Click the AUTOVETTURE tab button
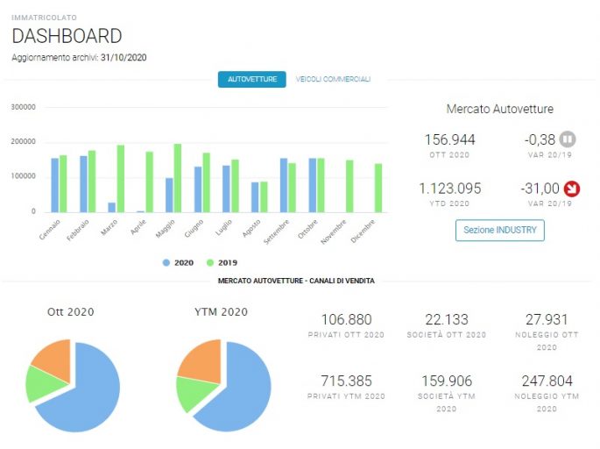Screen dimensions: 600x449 click(x=251, y=79)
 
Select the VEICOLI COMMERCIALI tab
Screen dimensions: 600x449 click(x=333, y=79)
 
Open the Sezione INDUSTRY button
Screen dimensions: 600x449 click(x=500, y=231)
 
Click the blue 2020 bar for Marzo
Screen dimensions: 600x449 click(x=112, y=207)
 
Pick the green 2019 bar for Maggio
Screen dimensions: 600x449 click(x=178, y=178)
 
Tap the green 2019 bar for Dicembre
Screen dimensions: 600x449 click(x=378, y=188)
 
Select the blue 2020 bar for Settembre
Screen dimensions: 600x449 click(x=284, y=185)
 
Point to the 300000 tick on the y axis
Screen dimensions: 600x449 click(x=23, y=107)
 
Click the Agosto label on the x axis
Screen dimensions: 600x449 click(x=251, y=228)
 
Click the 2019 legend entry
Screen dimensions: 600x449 click(x=222, y=263)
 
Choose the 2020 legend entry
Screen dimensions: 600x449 click(x=178, y=263)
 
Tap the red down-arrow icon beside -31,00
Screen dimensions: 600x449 click(x=572, y=189)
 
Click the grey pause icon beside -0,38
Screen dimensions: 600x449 click(x=568, y=139)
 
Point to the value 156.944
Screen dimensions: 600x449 click(x=450, y=139)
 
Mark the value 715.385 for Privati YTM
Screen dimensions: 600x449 click(x=346, y=381)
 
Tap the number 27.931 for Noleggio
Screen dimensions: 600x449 click(x=547, y=319)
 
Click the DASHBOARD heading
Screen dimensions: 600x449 click(x=67, y=36)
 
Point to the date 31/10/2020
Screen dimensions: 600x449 click(x=124, y=58)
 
